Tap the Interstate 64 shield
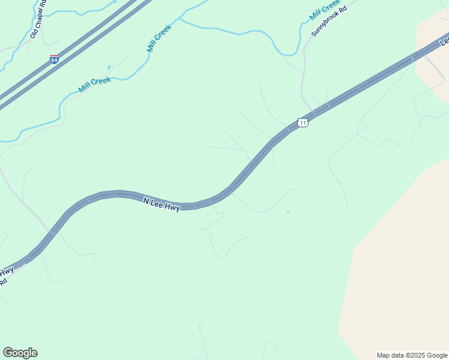(54, 59)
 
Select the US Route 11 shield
(303, 122)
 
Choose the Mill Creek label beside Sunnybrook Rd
(325, 9)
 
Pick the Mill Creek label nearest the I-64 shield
(94, 85)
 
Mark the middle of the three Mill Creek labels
(159, 37)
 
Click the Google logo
(20, 353)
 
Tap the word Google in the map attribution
(438, 355)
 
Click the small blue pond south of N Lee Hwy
(289, 212)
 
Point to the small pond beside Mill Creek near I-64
(109, 67)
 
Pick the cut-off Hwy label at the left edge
(7, 271)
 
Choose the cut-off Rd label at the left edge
(3, 281)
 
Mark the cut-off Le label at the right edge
(444, 41)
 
